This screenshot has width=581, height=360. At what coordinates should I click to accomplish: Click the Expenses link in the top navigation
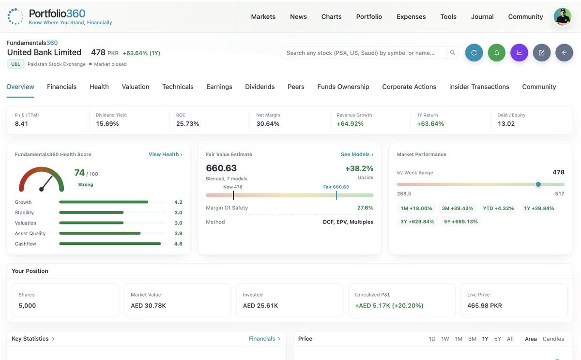click(411, 17)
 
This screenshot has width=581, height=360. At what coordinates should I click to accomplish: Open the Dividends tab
click(260, 87)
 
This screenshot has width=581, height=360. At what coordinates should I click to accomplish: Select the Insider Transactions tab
click(479, 87)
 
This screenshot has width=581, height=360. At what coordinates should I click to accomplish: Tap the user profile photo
click(562, 17)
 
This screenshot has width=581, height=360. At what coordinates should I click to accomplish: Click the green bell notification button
click(496, 53)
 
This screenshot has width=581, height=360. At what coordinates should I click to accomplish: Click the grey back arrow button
click(564, 53)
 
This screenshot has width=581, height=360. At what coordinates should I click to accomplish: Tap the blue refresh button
click(474, 53)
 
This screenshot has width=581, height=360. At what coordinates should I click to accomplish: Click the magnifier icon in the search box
click(452, 53)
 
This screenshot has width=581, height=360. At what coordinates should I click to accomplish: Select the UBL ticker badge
click(15, 64)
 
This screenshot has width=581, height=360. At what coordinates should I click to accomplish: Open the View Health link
click(166, 154)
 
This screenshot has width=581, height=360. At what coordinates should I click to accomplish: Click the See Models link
click(357, 154)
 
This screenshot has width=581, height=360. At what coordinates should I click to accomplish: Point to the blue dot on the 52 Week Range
click(538, 184)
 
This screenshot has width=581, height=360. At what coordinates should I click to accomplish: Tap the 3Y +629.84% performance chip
click(417, 222)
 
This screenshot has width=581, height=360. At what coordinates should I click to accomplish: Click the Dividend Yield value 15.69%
click(107, 124)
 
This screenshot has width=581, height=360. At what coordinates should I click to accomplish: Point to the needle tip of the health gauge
click(52, 177)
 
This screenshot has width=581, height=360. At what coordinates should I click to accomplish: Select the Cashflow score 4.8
click(178, 244)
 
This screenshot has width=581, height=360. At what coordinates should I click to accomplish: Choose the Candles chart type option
click(553, 339)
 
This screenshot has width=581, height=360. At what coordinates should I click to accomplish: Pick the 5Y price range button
click(498, 339)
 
